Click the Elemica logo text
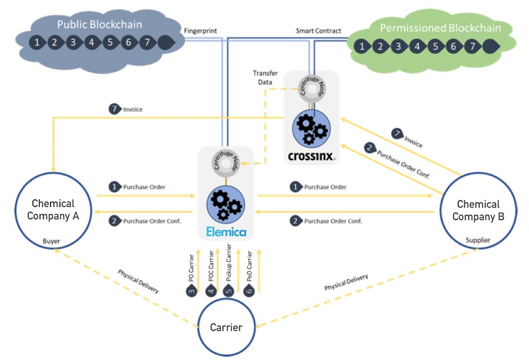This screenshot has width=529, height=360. [226, 232]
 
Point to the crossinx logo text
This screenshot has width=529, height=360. [312, 156]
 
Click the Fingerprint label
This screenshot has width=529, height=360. [200, 31]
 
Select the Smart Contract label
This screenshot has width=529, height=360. [319, 31]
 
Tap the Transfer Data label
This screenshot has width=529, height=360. [265, 77]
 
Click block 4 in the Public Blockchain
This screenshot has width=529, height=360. [92, 42]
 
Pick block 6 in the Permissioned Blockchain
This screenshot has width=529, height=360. [453, 46]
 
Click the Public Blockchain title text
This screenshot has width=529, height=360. [99, 24]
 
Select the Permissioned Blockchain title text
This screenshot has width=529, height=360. [440, 28]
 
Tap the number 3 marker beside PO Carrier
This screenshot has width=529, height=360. [192, 291]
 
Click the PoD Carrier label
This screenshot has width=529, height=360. [249, 266]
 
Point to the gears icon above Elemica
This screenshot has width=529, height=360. [226, 205]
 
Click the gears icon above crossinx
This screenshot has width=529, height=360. [312, 129]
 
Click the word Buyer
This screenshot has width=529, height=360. [51, 241]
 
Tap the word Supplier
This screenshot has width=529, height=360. [478, 240]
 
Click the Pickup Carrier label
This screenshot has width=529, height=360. [229, 263]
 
